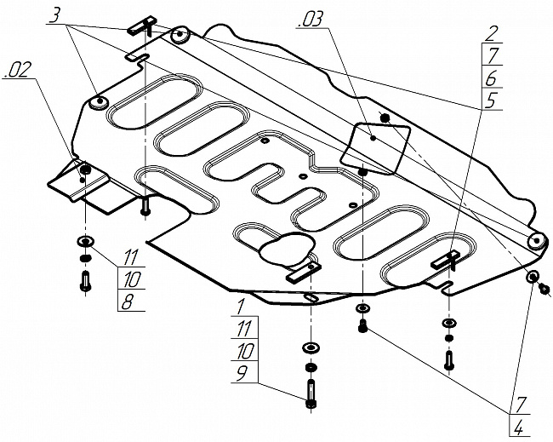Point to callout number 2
[x=492, y=34]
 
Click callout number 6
[x=492, y=77]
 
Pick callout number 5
[x=492, y=100]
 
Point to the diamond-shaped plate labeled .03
[x=374, y=143]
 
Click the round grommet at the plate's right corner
[x=536, y=241]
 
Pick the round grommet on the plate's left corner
[x=98, y=102]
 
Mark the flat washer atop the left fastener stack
[x=85, y=240]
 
